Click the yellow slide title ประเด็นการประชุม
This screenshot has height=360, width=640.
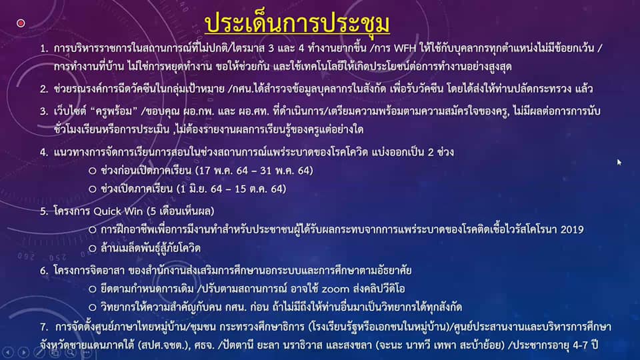297,24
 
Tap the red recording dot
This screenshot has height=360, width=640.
21,23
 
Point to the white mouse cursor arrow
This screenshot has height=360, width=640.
619,162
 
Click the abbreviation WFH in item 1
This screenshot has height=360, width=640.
405,49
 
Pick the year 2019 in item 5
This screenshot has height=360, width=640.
572,230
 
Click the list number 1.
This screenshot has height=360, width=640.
44,49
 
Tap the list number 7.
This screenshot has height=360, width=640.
44,327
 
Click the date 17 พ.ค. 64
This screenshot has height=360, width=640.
221,171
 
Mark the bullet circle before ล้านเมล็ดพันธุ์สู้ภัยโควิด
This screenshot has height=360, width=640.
93,248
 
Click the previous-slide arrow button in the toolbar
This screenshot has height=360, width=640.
8,352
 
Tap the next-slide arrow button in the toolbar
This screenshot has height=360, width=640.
23,352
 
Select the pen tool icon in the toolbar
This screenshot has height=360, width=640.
39,352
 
